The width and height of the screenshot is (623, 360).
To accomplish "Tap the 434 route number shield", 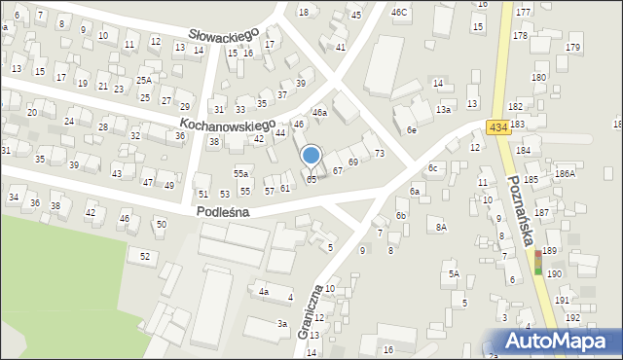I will [x=498, y=128].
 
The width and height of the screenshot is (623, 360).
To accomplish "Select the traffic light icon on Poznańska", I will [x=537, y=261].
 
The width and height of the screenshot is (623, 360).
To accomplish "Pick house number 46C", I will [x=399, y=13].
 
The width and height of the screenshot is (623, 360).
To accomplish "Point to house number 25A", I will [x=144, y=80].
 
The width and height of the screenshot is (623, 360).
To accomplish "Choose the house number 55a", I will [x=240, y=172].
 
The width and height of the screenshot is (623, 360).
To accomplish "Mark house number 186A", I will [x=565, y=172].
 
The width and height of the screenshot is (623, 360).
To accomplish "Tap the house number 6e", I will [x=411, y=129].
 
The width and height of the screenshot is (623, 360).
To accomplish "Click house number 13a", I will [x=443, y=110].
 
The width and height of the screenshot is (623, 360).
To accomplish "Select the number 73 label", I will [x=380, y=154].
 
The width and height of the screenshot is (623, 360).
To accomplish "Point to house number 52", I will [x=145, y=256].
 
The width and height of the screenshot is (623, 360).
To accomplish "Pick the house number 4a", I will [x=263, y=291].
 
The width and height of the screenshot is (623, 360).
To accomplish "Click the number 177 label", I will [x=523, y=12].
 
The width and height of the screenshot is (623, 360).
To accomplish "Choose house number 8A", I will [x=441, y=227].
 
